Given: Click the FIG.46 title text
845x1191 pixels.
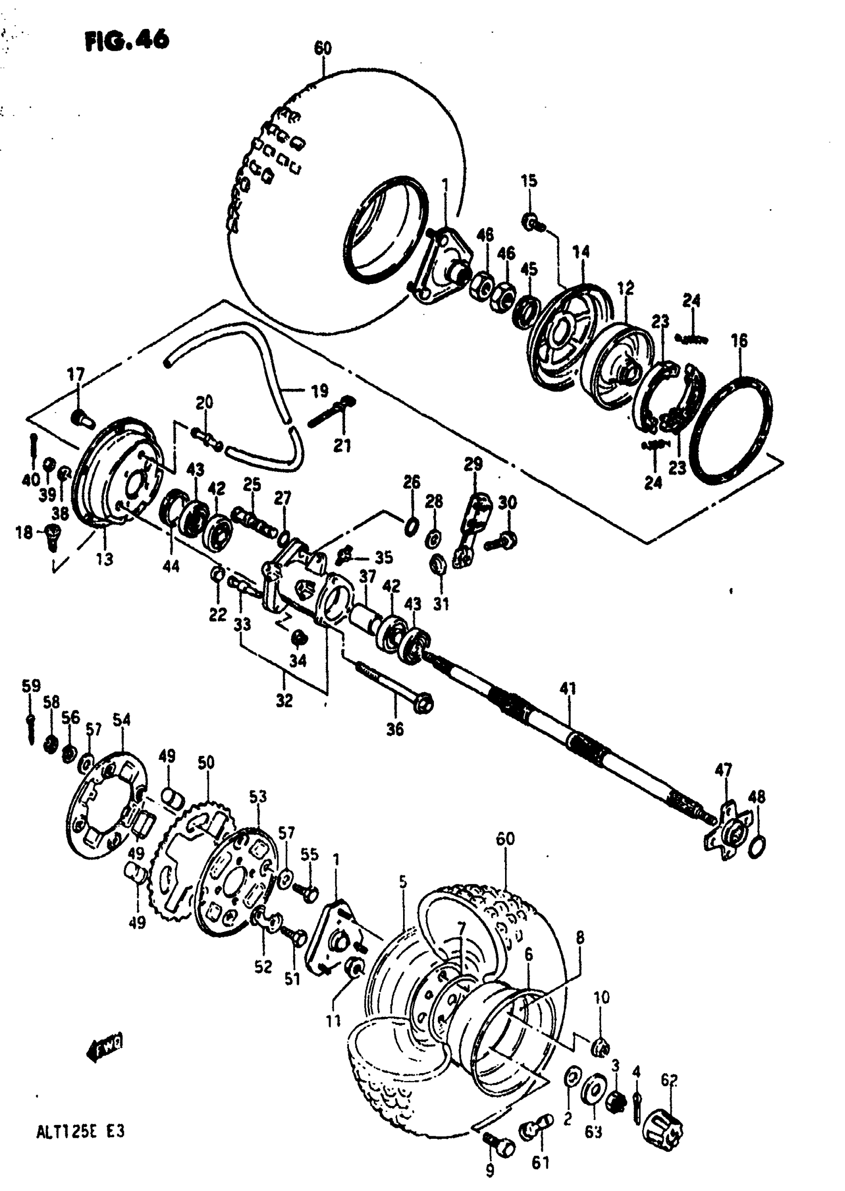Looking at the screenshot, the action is pos(127,40).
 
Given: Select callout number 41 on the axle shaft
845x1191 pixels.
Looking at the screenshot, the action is pos(568,689).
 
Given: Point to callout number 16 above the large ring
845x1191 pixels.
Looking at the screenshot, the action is pos(739,341).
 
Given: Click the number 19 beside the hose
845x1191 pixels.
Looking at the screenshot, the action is pos(320,390).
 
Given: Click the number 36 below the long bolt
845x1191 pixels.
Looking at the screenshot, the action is pos(395,730).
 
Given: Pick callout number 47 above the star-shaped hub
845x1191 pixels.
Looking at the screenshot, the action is pos(723,769).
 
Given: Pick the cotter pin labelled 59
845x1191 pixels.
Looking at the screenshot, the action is pos(30,724).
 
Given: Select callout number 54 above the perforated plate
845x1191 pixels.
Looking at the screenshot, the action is pos(121,720).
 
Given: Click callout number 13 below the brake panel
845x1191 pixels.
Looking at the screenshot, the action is pos(104,558).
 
